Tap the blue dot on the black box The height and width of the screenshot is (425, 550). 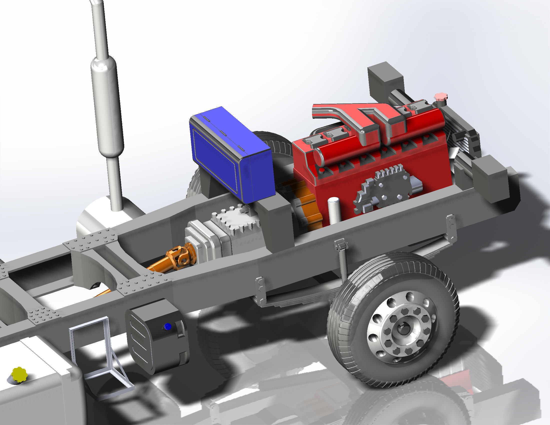coord(167,327)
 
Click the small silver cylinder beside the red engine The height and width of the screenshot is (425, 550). coord(333,210)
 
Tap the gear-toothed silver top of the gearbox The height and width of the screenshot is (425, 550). coord(235,223)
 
